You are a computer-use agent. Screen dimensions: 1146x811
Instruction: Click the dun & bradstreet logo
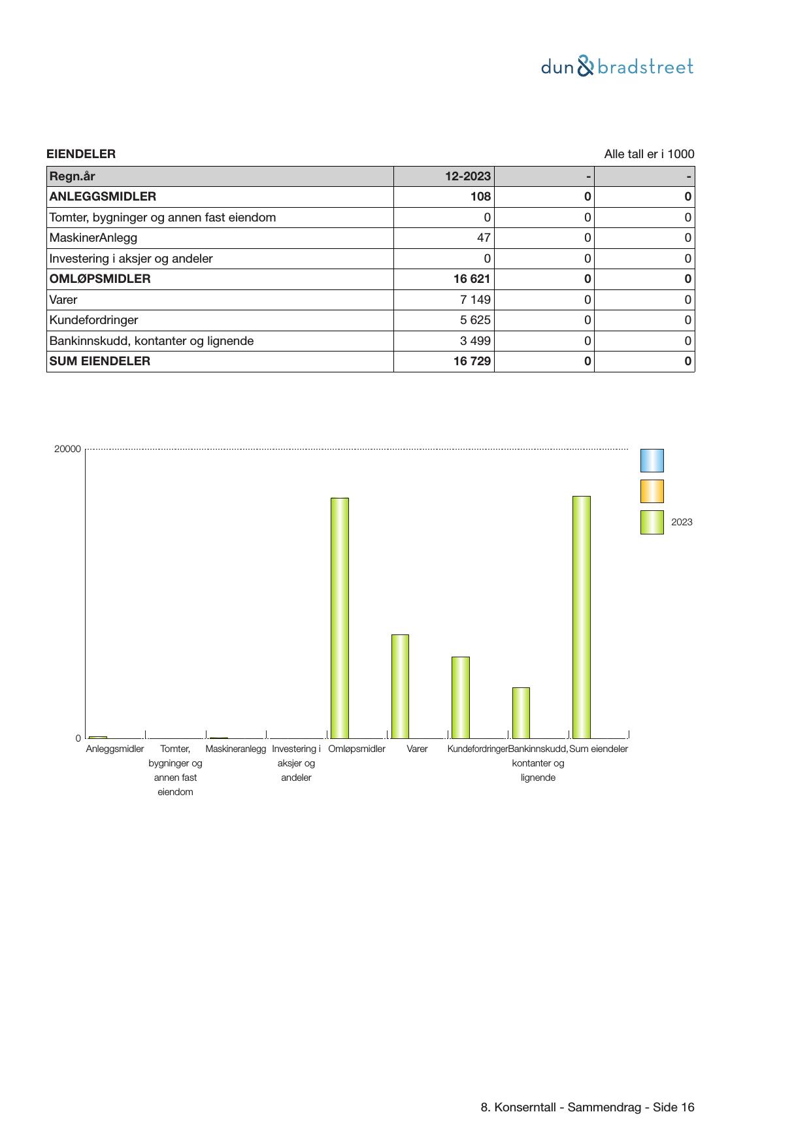pos(617,67)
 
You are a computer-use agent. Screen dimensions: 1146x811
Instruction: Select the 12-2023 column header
pos(467,176)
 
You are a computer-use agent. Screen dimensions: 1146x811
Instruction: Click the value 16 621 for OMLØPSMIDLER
pos(471,279)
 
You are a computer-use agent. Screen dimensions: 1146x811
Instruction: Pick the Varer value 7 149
pos(475,300)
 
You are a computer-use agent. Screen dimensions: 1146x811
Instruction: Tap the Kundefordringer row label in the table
pos(93,320)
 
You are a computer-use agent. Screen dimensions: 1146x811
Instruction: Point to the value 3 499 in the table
pos(475,341)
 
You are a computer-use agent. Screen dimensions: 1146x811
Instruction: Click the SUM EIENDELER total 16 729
pos(471,361)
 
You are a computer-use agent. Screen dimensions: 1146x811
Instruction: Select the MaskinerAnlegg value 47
pos(484,238)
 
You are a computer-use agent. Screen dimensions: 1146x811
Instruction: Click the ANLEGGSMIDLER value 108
pos(480,197)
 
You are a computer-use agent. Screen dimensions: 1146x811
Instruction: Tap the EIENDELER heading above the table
pos(81,154)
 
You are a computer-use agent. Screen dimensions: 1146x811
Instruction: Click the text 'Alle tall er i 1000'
pos(649,154)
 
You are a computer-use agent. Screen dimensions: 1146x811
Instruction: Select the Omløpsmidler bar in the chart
pos(340,617)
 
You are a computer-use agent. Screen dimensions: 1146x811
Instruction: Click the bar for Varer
pos(400,686)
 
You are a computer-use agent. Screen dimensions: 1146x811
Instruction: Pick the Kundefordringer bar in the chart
pos(461,697)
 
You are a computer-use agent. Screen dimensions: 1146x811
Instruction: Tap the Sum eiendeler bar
pos(582,617)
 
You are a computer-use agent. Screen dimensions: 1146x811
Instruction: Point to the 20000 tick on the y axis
pos(67,449)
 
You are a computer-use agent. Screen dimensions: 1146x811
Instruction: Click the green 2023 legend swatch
pos(652,522)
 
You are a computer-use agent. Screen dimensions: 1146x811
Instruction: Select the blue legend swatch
pos(652,461)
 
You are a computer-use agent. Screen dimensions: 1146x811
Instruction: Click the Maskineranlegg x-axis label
pos(236,749)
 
